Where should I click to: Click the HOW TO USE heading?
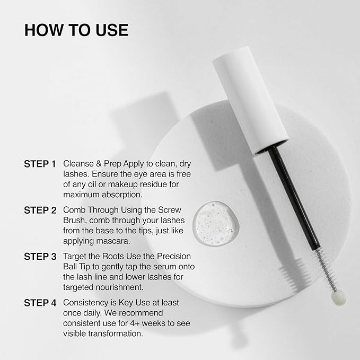76,30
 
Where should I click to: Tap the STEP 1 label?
40,164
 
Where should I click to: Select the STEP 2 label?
40,210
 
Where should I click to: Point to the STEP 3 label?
40,257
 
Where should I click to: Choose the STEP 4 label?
40,303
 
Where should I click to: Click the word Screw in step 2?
170,210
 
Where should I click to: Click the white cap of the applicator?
251,100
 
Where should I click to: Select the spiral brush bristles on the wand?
326,269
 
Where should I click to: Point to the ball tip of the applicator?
338,297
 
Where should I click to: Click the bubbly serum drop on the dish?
216,223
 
